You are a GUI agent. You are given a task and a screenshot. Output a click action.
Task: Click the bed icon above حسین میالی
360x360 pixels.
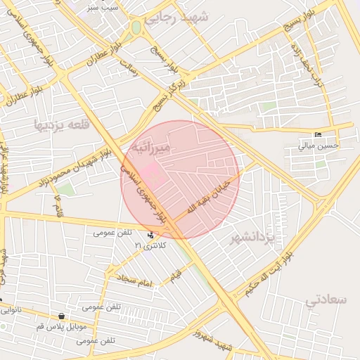319,135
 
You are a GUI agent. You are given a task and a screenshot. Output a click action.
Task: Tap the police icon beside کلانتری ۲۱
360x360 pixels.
151,235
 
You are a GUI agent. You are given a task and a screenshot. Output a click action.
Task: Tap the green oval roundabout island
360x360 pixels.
136,28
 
